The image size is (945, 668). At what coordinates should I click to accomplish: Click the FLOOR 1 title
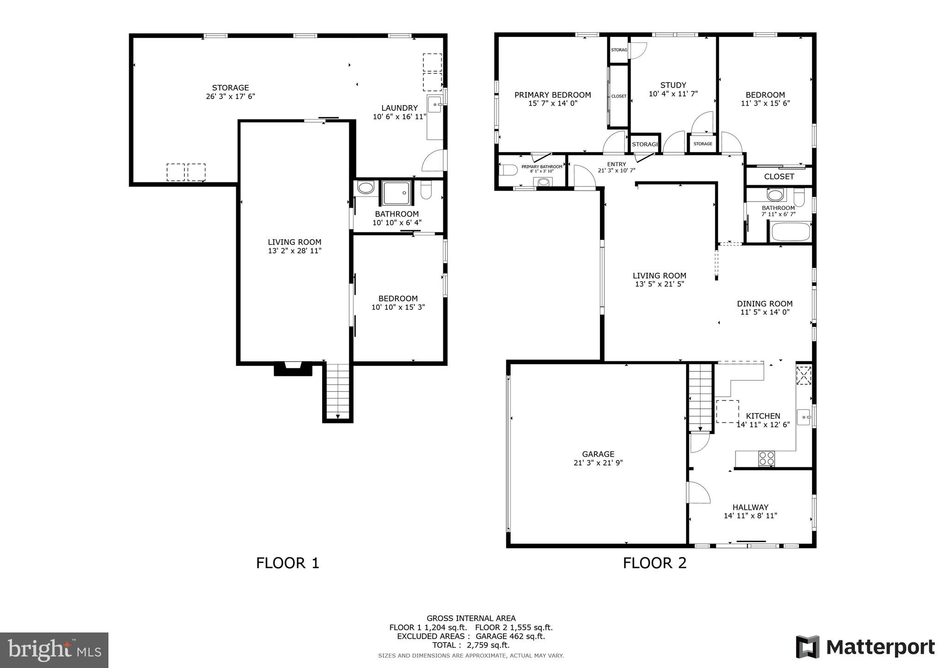point(287,563)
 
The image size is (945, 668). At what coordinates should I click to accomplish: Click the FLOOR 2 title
point(654,563)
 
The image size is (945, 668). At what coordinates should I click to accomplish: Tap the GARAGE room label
point(598,454)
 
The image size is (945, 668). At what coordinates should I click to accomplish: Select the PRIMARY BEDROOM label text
point(552,95)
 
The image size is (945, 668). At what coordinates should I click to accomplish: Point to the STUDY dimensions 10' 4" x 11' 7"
point(673,94)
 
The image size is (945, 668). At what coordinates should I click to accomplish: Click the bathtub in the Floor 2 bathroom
point(791,232)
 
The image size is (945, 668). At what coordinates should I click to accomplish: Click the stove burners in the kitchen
point(766,459)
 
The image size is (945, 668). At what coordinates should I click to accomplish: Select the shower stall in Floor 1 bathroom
point(396,193)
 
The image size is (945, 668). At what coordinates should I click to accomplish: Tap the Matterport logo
point(865,647)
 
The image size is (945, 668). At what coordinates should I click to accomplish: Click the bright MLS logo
point(54,650)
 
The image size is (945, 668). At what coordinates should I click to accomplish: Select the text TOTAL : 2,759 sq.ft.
point(471,645)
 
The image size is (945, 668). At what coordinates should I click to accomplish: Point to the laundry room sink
point(435,105)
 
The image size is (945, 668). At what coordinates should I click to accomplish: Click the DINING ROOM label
point(764,304)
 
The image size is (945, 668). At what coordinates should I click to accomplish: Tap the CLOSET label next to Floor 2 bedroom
point(779,176)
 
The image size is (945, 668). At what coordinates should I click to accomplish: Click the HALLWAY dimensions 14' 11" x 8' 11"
point(750,516)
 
